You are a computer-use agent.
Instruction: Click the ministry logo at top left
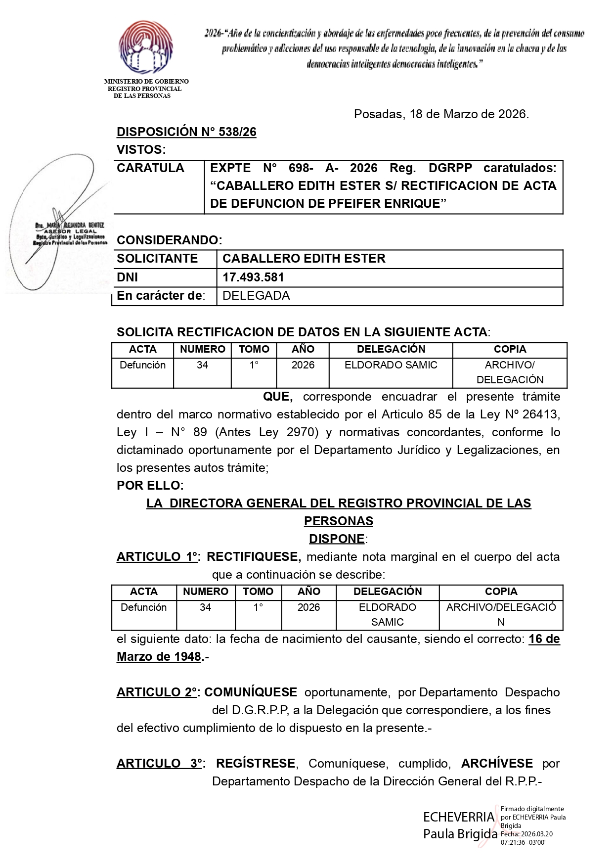[146, 48]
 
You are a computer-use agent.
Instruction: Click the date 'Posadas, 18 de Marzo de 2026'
[441, 114]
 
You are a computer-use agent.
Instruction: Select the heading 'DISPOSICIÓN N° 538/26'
[186, 132]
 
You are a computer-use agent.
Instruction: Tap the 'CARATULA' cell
[150, 168]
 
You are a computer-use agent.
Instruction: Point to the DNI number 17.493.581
[253, 277]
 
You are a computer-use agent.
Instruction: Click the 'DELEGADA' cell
[256, 296]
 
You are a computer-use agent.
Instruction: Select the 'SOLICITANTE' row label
[157, 259]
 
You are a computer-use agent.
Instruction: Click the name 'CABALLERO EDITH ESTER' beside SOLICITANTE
[304, 259]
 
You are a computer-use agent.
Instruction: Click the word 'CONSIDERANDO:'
[170, 240]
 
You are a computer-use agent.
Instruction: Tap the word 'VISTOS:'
[141, 150]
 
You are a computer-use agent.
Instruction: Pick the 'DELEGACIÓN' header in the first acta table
[391, 349]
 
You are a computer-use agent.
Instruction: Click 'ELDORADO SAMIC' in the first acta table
[391, 365]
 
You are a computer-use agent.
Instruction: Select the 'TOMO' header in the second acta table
[258, 592]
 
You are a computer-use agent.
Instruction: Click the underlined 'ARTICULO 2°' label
[157, 692]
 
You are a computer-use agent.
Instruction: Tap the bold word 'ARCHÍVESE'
[497, 764]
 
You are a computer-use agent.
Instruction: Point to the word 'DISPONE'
[337, 539]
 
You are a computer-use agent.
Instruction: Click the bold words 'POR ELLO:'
[150, 485]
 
